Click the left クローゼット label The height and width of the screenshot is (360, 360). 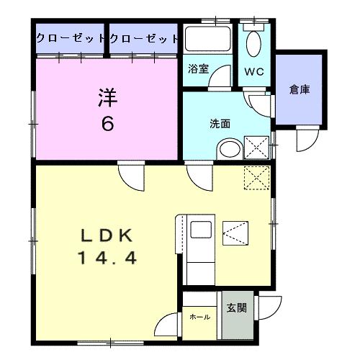(x=71, y=37)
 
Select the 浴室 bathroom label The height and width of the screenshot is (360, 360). (x=198, y=70)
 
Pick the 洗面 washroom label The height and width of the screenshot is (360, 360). (x=220, y=123)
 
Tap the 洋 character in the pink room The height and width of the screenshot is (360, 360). (x=106, y=97)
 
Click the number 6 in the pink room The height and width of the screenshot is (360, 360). (x=107, y=124)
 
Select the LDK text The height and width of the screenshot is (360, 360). (x=107, y=235)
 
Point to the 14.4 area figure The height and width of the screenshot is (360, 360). (x=107, y=256)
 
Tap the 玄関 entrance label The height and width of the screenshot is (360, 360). (x=236, y=308)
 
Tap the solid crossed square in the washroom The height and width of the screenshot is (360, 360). (x=256, y=147)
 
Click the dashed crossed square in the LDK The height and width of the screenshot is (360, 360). (x=256, y=176)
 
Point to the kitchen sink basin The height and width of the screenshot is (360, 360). (x=201, y=232)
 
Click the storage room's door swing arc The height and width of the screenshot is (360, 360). (x=306, y=141)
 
